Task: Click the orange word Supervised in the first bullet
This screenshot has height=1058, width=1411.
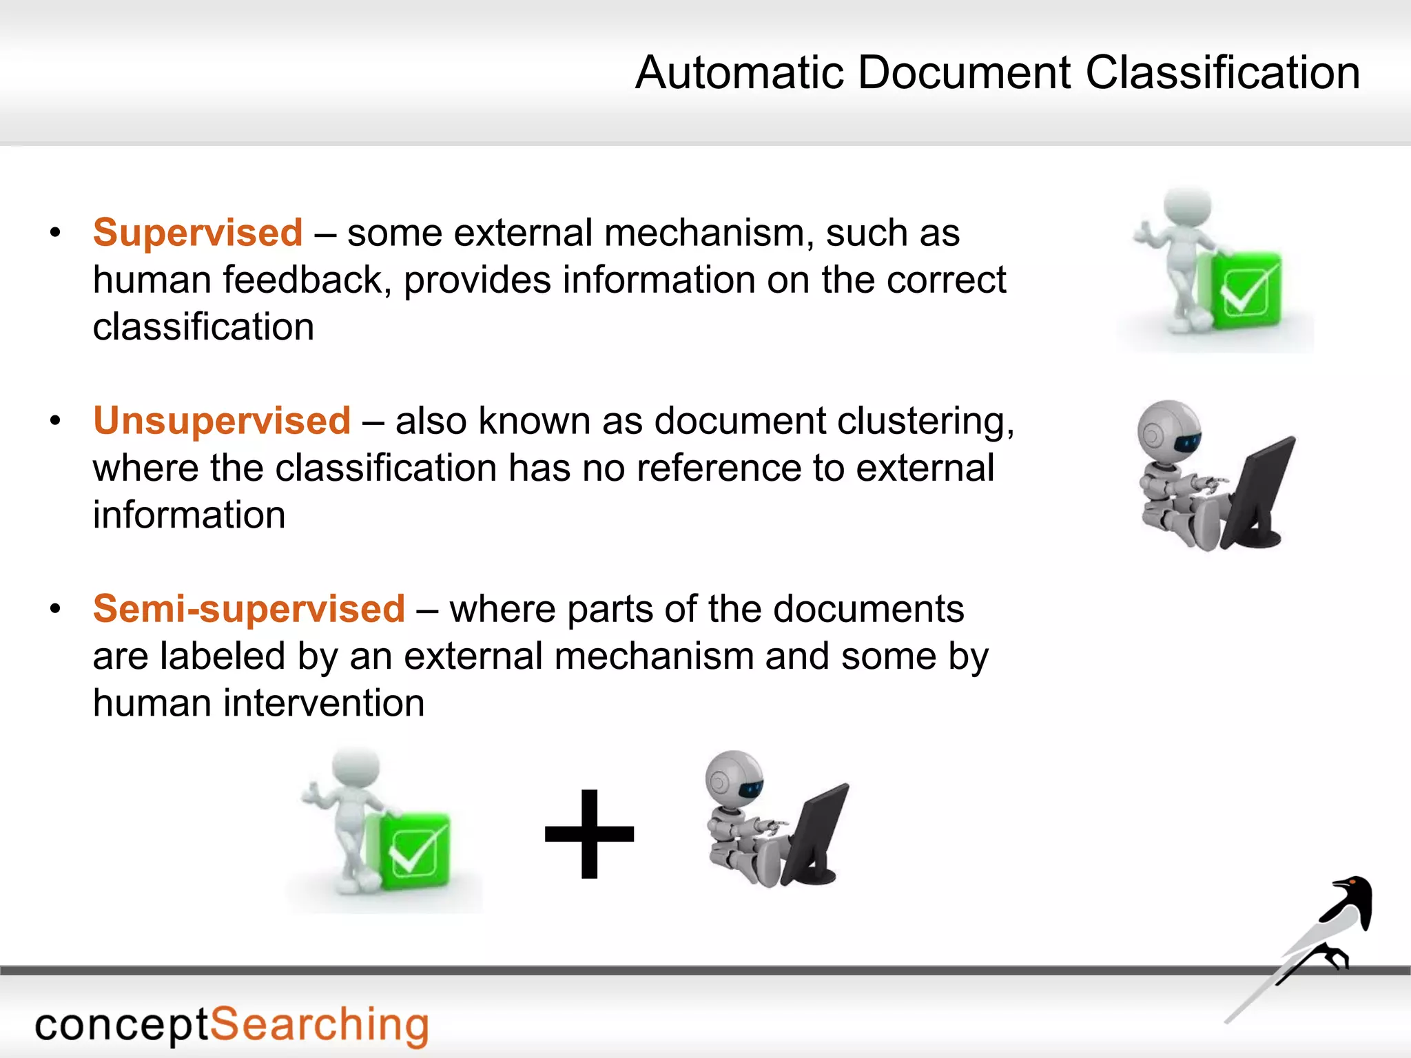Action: click(x=198, y=233)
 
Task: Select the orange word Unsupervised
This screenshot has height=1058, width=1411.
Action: click(x=222, y=421)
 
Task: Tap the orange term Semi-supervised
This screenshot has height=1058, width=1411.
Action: click(x=249, y=609)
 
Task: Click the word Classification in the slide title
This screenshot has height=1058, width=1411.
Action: click(x=1223, y=72)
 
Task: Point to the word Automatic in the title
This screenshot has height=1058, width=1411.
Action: click(x=739, y=72)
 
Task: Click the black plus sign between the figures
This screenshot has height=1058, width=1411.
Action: click(x=589, y=834)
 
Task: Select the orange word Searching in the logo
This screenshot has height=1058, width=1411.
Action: click(x=319, y=1025)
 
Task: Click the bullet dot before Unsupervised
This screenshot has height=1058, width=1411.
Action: click(x=56, y=421)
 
